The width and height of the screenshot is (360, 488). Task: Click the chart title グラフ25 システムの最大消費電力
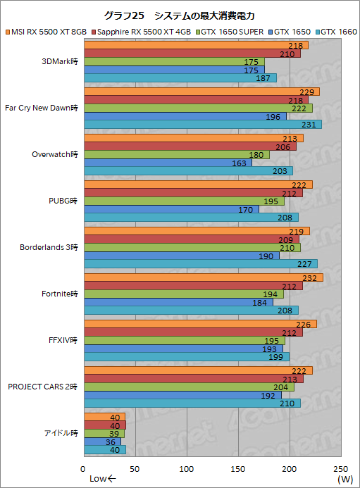(179, 15)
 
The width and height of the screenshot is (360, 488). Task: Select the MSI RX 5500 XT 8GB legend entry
(48, 32)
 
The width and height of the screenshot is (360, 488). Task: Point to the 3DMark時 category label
(61, 61)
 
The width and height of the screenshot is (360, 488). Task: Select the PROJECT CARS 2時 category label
(43, 387)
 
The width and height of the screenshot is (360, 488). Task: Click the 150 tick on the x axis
(238, 468)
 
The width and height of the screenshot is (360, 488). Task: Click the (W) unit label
(345, 480)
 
